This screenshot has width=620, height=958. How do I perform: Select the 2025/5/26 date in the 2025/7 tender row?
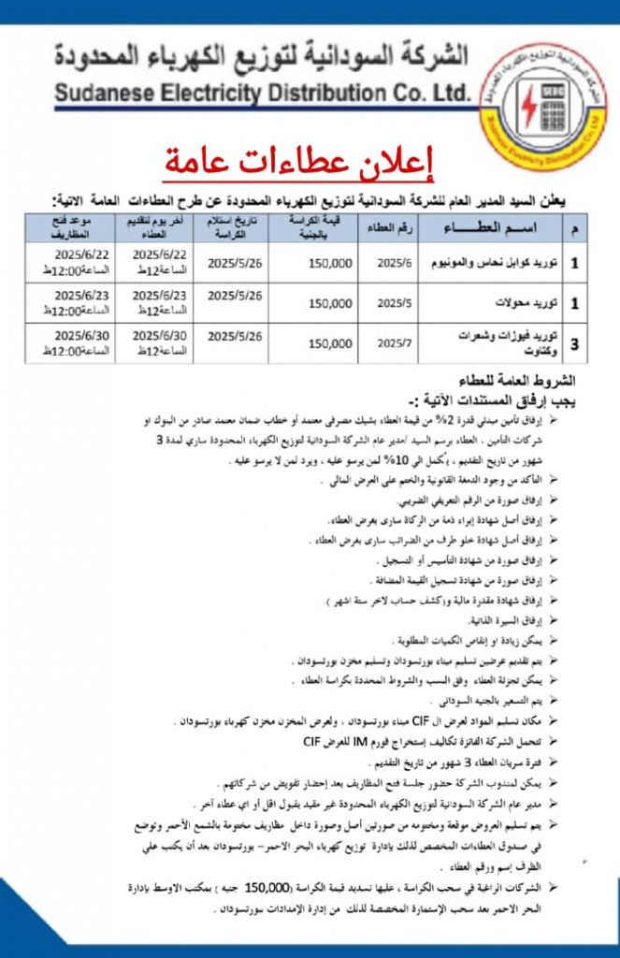(235, 335)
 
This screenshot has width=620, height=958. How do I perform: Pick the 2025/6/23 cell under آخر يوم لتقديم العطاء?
(160, 295)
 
